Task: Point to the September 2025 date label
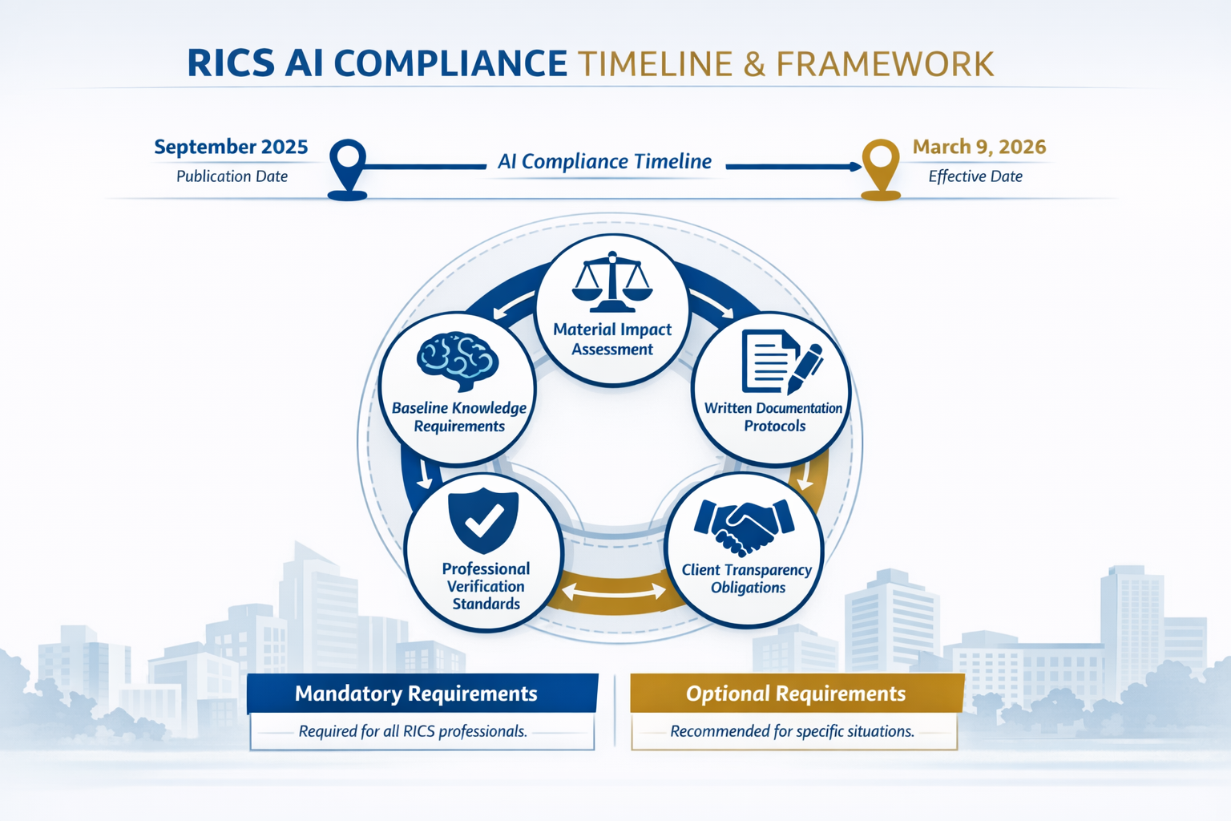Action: pyautogui.click(x=231, y=147)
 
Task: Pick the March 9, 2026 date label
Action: pyautogui.click(x=979, y=147)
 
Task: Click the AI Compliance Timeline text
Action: pyautogui.click(x=604, y=162)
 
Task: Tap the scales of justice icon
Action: pyautogui.click(x=612, y=283)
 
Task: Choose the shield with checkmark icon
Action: pyautogui.click(x=483, y=520)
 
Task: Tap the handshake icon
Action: pyautogui.click(x=744, y=526)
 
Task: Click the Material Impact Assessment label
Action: pyautogui.click(x=612, y=339)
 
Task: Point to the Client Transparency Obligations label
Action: pyautogui.click(x=747, y=579)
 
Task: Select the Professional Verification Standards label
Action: pyautogui.click(x=486, y=586)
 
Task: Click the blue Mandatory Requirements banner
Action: pyautogui.click(x=422, y=694)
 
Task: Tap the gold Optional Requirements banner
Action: pyautogui.click(x=796, y=694)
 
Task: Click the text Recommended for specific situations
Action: pyautogui.click(x=792, y=731)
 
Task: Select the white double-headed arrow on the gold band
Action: pyautogui.click(x=614, y=592)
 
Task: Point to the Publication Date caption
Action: pyautogui.click(x=232, y=176)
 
